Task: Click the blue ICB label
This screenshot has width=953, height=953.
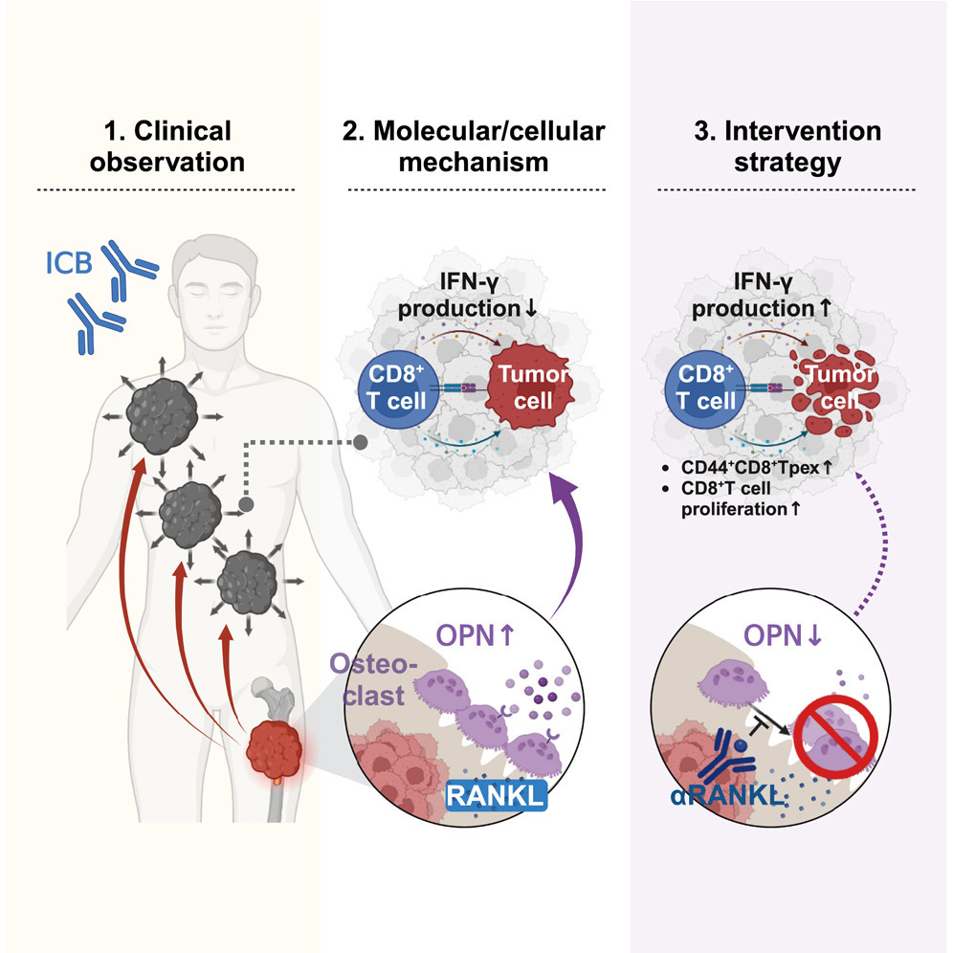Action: click(x=69, y=262)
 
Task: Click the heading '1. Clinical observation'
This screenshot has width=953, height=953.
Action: click(x=167, y=146)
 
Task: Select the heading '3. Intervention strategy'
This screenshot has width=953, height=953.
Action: click(x=787, y=146)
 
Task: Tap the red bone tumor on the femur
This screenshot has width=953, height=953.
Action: click(x=274, y=749)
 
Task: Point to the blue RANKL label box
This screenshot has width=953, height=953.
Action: click(x=496, y=795)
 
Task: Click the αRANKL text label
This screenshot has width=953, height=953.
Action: click(x=726, y=795)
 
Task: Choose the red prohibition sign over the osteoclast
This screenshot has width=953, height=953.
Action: click(x=836, y=737)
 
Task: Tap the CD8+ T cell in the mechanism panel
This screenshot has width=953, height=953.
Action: click(x=397, y=389)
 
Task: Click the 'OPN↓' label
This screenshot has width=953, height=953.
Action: click(x=783, y=635)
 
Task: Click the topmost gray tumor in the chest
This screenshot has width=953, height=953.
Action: click(x=163, y=416)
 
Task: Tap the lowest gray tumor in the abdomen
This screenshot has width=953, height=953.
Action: click(x=248, y=583)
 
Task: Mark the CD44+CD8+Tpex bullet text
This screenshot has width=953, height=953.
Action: click(x=756, y=467)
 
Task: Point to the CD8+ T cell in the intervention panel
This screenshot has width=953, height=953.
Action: click(x=705, y=389)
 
